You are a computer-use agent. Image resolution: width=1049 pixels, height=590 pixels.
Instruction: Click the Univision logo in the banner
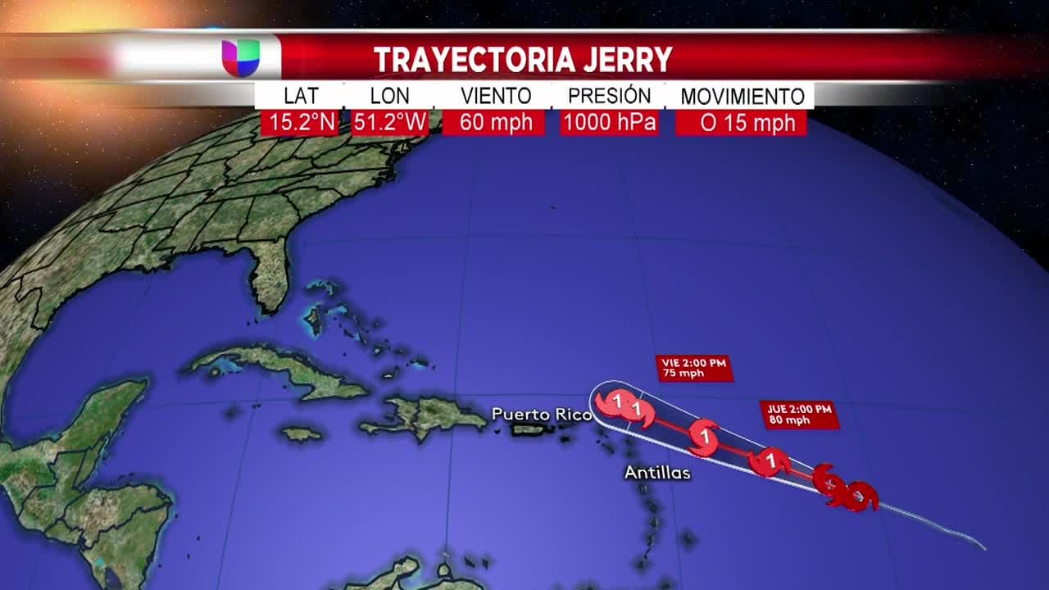tap(240, 57)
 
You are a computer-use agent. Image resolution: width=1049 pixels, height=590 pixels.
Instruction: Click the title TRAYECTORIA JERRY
tap(523, 59)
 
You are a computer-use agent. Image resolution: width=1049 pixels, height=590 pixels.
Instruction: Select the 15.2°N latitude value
tap(300, 123)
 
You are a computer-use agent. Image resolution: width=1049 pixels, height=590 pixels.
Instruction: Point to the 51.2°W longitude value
tap(390, 123)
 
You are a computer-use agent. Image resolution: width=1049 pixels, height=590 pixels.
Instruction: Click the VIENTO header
tap(496, 96)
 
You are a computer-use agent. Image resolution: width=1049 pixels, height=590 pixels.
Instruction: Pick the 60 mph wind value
tap(494, 123)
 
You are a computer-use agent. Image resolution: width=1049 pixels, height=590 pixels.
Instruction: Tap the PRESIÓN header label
tap(610, 96)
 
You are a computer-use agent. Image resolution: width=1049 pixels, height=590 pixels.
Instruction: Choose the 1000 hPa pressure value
tap(610, 123)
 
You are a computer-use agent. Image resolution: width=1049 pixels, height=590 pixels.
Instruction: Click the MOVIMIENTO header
tap(742, 97)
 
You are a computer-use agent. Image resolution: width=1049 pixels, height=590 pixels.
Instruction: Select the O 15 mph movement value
tap(742, 123)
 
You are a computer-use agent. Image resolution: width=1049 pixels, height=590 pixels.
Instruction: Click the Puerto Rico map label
tap(541, 415)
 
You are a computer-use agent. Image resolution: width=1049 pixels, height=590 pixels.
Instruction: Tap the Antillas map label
tap(657, 473)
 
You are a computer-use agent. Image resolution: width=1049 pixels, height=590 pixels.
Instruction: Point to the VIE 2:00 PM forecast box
tap(693, 369)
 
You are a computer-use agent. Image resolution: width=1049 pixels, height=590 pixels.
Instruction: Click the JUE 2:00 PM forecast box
tap(799, 415)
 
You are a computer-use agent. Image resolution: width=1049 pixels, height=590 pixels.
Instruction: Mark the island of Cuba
tap(279, 369)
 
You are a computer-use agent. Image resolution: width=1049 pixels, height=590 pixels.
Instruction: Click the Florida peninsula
tap(269, 275)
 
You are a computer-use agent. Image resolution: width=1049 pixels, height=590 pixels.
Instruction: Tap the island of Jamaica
tap(302, 433)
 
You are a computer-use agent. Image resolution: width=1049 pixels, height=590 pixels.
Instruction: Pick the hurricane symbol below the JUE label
tap(770, 461)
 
